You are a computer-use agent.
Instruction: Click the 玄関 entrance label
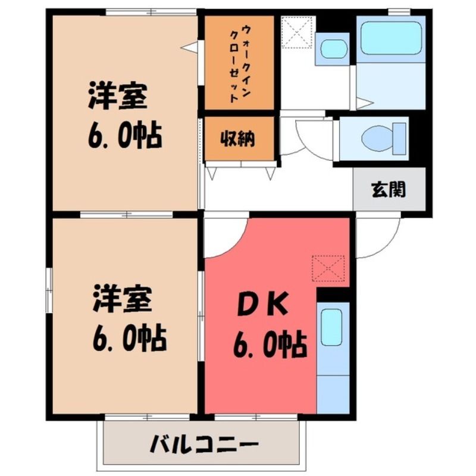(389, 190)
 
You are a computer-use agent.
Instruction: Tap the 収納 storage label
(237, 139)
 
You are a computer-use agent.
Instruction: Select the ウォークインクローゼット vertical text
(240, 63)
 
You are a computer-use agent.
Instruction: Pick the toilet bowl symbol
(383, 137)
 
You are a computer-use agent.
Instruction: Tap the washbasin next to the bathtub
(334, 48)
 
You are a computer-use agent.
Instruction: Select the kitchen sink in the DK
(332, 327)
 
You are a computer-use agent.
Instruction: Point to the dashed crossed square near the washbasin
(297, 32)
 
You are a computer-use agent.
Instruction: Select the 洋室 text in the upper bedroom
(118, 96)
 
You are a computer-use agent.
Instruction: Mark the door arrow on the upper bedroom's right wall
(189, 48)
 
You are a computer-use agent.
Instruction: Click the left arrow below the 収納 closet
(211, 173)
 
